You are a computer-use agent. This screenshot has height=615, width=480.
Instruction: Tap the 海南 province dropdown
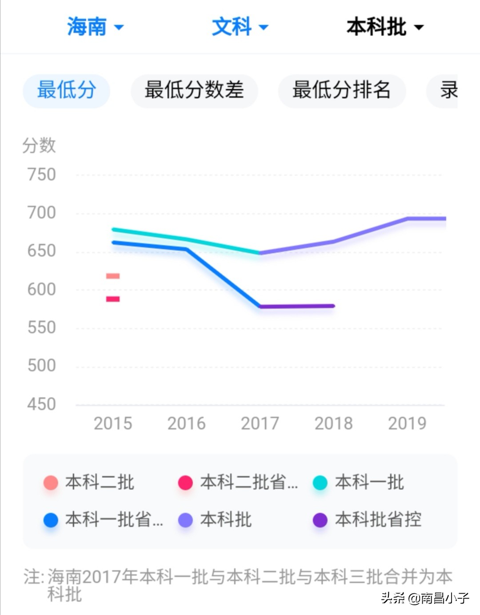[x=95, y=27]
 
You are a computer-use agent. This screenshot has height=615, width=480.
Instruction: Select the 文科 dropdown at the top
[x=240, y=27]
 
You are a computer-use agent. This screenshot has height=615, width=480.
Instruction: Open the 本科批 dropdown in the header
[x=384, y=27]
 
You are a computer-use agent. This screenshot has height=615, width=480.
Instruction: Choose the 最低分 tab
[x=66, y=90]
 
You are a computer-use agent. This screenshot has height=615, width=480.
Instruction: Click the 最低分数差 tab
[x=194, y=90]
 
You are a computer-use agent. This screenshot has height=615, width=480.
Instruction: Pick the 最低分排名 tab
[x=341, y=90]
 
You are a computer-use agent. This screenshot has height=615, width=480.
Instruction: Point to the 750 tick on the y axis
[x=42, y=174]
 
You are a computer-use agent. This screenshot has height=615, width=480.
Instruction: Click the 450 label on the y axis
[x=42, y=404]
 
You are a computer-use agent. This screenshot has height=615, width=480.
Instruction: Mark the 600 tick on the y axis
[x=42, y=289]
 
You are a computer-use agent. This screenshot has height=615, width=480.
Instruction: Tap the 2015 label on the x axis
[x=113, y=423]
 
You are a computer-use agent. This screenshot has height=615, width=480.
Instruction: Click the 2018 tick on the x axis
[x=333, y=423]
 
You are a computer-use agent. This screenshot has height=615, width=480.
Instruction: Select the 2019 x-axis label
[x=407, y=423]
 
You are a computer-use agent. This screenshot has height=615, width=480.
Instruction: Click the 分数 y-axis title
[x=39, y=145]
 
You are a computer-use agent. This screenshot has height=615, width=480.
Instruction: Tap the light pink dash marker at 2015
[x=113, y=276]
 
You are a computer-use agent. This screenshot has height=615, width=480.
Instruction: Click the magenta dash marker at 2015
[x=113, y=299]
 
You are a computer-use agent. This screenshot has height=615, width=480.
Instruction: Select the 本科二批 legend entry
[x=89, y=482]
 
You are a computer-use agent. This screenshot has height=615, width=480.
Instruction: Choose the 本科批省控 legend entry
[x=368, y=519]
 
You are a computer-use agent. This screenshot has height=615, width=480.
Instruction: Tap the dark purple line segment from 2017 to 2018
[x=297, y=306]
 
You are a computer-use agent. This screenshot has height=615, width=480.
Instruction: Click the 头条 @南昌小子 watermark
[x=424, y=598]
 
